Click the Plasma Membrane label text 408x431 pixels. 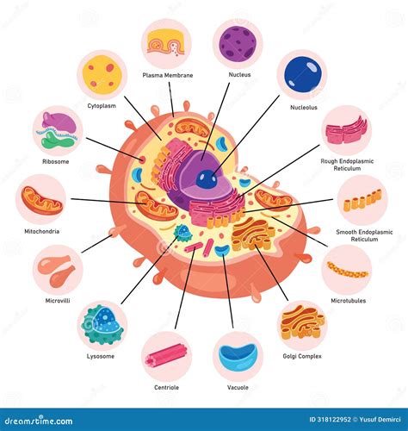pyautogui.click(x=167, y=75)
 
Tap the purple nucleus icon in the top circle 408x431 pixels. pyautogui.click(x=238, y=43)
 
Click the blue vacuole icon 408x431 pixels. pyautogui.click(x=238, y=356)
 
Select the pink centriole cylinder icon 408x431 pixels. pyautogui.click(x=166, y=356)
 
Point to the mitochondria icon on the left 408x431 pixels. pyautogui.click(x=43, y=199)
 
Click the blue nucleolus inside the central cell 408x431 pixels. pyautogui.click(x=206, y=179)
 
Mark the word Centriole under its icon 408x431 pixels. pyautogui.click(x=166, y=389)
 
